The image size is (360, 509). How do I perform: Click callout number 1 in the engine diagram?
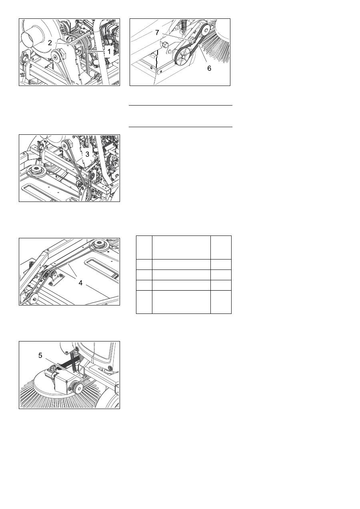pos(109,52)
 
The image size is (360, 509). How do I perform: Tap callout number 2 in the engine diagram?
pos(50,43)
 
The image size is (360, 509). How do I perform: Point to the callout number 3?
pos(87,154)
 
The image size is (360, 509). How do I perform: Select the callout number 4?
pos(80,283)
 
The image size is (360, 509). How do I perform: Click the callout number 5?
pos(40,355)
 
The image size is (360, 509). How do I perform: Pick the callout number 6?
pos(209,68)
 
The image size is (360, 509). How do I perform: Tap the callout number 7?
pos(157,33)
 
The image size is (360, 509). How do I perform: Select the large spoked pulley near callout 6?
pos(183,57)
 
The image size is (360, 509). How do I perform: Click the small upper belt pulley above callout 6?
pos(206,29)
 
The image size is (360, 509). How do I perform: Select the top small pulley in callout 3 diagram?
pos(66,144)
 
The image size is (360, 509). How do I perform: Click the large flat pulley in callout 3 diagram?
pos(36,170)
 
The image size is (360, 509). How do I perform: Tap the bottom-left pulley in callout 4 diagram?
pos(32,298)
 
